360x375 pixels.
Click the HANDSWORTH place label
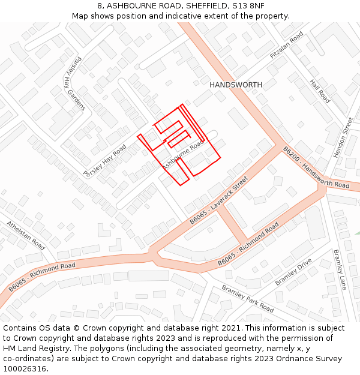pos(236,85)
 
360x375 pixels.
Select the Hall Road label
pos(320,91)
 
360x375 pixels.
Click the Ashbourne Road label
pos(184,155)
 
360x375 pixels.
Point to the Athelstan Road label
pos(26,236)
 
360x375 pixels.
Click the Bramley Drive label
pos(293,272)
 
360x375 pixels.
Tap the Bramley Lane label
pos(340,269)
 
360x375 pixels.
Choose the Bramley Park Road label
pos(248,299)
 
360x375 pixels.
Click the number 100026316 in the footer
pos(25,368)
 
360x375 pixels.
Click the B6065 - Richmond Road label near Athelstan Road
pos(42,277)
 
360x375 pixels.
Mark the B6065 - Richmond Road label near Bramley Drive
pos(248,245)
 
